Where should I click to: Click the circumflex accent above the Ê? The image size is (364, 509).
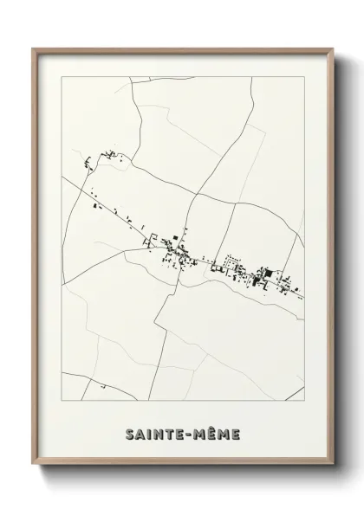[217, 422]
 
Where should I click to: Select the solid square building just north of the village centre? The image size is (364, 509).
[173, 238]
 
